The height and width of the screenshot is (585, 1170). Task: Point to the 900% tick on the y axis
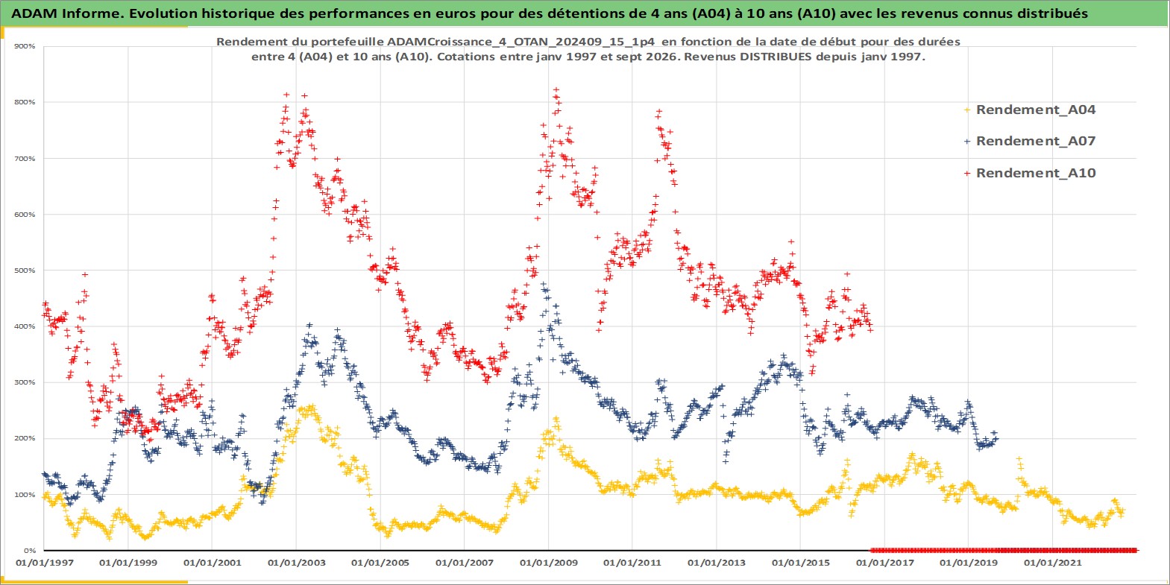(25, 46)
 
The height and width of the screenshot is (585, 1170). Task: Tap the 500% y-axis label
(25, 271)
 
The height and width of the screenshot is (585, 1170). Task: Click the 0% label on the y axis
(29, 551)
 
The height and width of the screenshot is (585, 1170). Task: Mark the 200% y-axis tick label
(25, 438)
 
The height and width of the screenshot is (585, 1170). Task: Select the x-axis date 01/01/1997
(45, 563)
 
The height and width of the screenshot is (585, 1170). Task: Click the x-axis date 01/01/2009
(548, 563)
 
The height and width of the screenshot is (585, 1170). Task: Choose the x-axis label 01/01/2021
(1052, 563)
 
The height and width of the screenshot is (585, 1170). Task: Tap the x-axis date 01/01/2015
(801, 563)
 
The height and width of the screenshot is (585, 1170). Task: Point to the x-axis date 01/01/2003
(296, 563)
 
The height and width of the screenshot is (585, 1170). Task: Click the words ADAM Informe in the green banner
(67, 13)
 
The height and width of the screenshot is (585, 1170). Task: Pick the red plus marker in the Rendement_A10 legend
(967, 173)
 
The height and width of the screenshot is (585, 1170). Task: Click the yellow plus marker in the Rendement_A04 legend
(967, 110)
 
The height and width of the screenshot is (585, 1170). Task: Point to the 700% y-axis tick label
(25, 159)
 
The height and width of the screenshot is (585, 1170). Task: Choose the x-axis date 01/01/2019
(969, 563)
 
